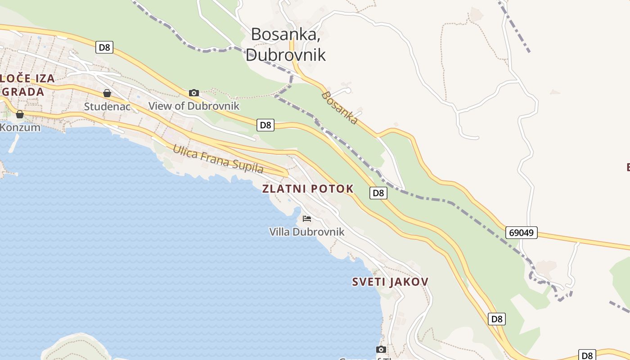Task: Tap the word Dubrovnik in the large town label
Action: [285, 55]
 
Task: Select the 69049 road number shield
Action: [522, 233]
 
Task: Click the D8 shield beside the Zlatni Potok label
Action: [378, 193]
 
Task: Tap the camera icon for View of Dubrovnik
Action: [194, 93]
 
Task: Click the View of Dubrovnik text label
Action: [194, 106]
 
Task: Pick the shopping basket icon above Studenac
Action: [107, 93]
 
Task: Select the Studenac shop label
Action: [107, 107]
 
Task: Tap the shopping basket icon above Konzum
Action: [20, 114]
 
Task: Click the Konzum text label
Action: [20, 127]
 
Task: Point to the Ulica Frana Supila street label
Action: [218, 159]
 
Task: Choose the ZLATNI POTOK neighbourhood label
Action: [308, 189]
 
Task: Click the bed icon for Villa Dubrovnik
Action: [307, 219]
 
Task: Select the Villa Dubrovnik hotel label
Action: [307, 232]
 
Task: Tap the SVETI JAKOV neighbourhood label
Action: [390, 282]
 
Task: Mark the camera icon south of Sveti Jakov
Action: [381, 349]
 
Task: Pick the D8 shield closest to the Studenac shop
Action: [104, 47]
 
